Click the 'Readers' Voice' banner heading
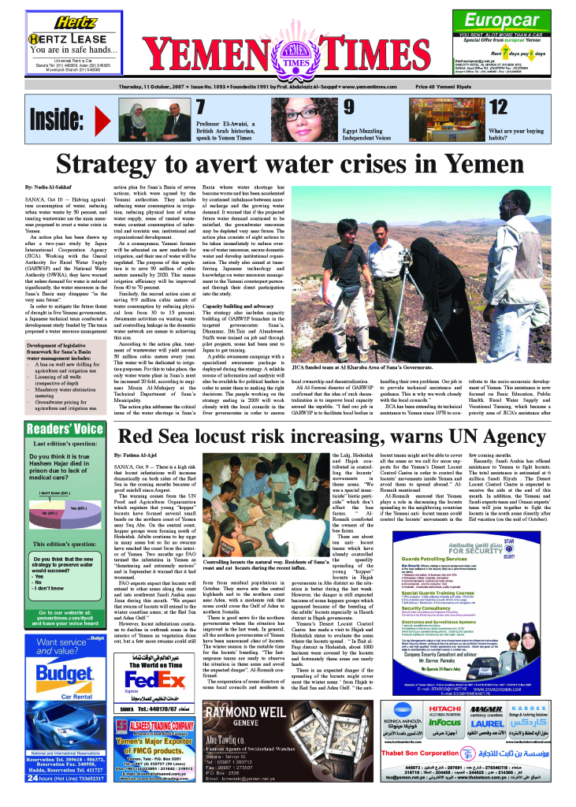(65, 430)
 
